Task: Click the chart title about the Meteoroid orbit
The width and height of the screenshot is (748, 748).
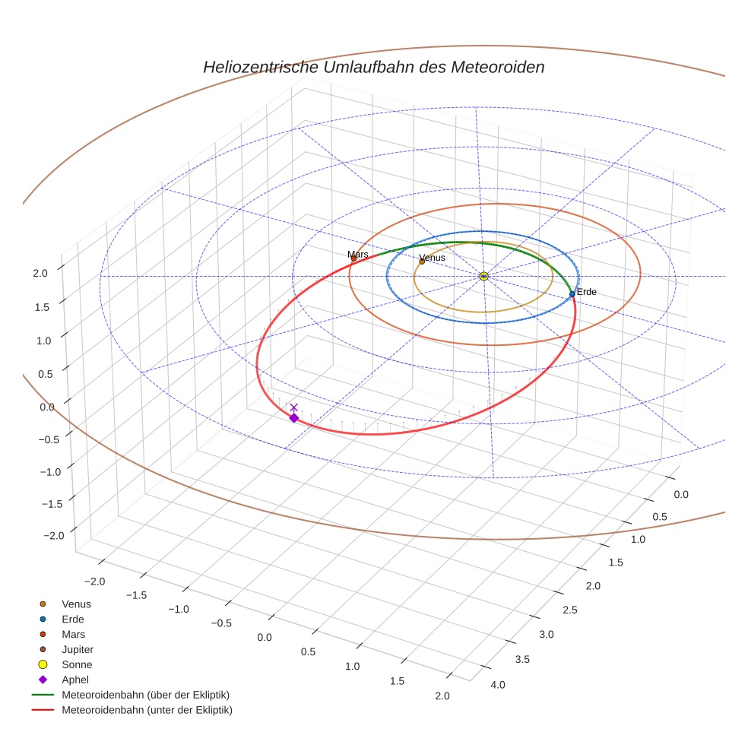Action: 373,67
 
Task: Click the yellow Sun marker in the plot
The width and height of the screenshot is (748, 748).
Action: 483,276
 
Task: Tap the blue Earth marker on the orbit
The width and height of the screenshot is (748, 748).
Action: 572,294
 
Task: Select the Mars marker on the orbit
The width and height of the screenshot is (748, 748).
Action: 353,258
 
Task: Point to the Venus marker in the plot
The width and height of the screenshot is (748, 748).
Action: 422,261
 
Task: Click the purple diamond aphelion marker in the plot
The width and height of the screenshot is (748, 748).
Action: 293,417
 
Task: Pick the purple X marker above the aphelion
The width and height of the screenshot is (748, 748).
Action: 294,407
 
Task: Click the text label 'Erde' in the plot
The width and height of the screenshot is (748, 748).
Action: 587,292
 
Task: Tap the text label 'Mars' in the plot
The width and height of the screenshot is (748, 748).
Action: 358,254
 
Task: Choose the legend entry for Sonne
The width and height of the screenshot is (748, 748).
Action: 77,664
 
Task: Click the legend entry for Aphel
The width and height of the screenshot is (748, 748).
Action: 75,680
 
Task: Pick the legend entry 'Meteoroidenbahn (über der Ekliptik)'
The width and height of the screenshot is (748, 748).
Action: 145,695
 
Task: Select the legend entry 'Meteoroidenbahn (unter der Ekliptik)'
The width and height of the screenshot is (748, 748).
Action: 147,710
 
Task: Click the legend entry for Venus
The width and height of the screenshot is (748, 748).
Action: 76,604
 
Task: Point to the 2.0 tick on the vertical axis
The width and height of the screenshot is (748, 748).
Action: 43,272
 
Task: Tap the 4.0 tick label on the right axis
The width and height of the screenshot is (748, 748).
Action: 498,684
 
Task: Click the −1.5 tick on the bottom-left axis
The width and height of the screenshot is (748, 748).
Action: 137,595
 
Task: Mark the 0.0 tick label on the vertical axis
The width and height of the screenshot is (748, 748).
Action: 47,407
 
